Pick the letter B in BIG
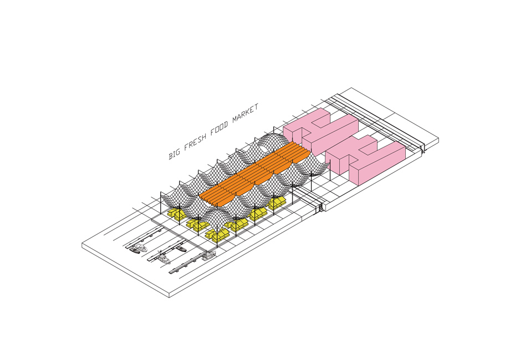point(170,156)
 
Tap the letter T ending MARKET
point(256,106)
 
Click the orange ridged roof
point(254,174)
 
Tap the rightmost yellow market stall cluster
point(277,202)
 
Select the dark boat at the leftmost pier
point(134,250)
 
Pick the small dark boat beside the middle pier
point(181,249)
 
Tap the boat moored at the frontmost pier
point(208,255)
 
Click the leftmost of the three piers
point(144,238)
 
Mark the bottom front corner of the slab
point(170,299)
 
